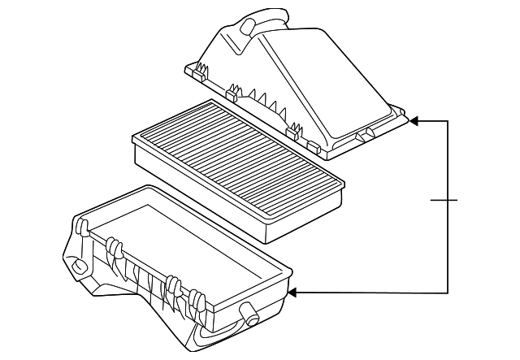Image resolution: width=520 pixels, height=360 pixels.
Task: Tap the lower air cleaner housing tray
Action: [x=179, y=268]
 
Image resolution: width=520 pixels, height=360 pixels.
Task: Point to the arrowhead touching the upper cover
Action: [x=414, y=121]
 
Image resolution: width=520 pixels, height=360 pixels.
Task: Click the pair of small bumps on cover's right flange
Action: [x=366, y=131]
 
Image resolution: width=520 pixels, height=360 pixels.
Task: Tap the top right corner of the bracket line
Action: [x=448, y=121]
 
